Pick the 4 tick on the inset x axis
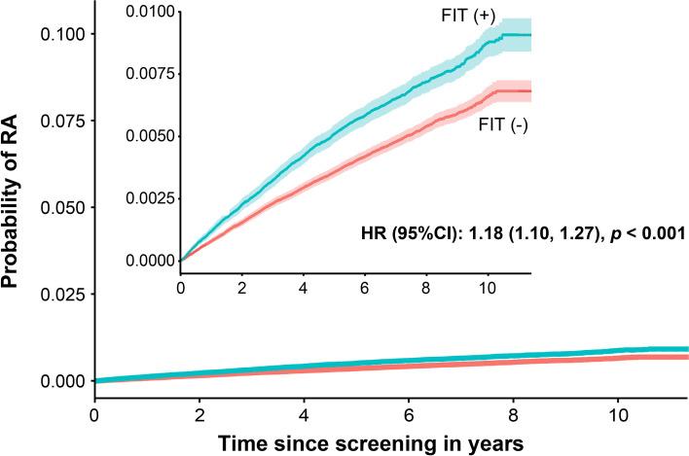pyautogui.click(x=304, y=289)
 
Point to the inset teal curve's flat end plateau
pyautogui.click(x=516, y=35)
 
